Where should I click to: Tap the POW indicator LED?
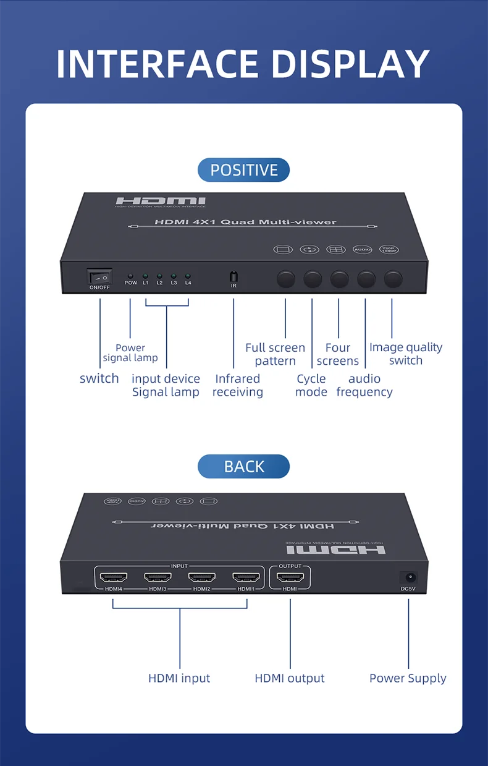coord(130,276)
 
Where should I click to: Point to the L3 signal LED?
coord(174,276)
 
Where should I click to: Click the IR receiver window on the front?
coord(233,276)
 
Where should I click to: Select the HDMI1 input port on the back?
coord(246,577)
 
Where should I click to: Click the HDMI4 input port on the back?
coord(114,577)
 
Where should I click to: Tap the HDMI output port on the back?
coord(290,577)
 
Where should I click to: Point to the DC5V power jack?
coord(408,577)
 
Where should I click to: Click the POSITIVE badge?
coord(243,170)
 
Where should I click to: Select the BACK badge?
coord(243,466)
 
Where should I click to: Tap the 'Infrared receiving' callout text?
coord(238,385)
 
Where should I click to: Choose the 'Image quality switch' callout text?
coord(406,354)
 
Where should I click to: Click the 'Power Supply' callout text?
coord(408,678)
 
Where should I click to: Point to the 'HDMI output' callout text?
coord(290,678)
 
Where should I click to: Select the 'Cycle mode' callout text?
coord(311,385)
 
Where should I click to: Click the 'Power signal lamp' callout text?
coord(130,352)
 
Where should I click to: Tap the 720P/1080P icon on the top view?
coord(390,249)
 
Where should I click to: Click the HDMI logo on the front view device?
coord(161,202)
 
